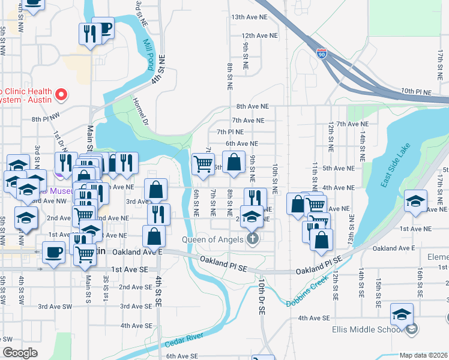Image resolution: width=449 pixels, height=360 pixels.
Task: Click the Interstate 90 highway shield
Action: point(322,54)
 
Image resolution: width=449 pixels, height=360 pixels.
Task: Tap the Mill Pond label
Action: point(148,55)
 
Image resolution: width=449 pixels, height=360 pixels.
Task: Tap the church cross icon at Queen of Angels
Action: point(253,239)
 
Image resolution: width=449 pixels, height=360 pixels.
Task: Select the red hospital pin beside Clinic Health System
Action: point(61,94)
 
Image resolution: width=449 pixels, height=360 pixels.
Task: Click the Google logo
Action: point(20,353)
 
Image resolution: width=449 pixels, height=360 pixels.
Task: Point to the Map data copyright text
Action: point(423,355)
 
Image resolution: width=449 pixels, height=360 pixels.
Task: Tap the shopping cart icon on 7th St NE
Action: point(203,162)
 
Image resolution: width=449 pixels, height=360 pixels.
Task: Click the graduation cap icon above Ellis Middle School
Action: point(402,314)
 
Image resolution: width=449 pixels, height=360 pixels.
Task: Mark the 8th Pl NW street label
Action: point(46,119)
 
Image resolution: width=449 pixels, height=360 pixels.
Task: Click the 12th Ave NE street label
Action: point(259,35)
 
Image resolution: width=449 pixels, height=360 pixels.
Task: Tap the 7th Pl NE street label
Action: point(231,131)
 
